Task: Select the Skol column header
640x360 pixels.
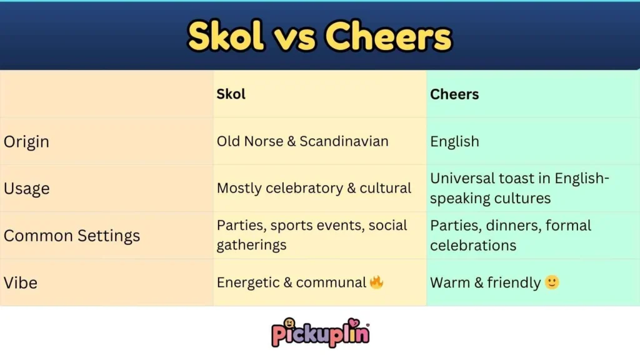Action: (231, 94)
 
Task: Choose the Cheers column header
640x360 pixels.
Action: (454, 94)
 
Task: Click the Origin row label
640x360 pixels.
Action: (26, 142)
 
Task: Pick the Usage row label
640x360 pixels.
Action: (26, 189)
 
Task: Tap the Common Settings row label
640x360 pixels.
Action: (72, 236)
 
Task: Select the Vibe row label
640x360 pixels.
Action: (21, 282)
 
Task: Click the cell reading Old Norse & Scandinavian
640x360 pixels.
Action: (302, 141)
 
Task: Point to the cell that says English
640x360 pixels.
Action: (454, 141)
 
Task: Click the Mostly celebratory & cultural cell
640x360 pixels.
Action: (314, 188)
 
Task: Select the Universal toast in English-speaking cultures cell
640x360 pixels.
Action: (519, 189)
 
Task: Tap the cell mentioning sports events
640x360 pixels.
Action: (312, 235)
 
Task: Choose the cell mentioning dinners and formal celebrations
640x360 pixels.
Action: (510, 235)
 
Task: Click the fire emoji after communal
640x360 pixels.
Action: (376, 282)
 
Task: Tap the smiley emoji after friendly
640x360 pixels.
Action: (552, 282)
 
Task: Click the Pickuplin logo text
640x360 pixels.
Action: (320, 334)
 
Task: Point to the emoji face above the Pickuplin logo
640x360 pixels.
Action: (289, 323)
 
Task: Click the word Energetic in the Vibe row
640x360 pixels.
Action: (247, 282)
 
